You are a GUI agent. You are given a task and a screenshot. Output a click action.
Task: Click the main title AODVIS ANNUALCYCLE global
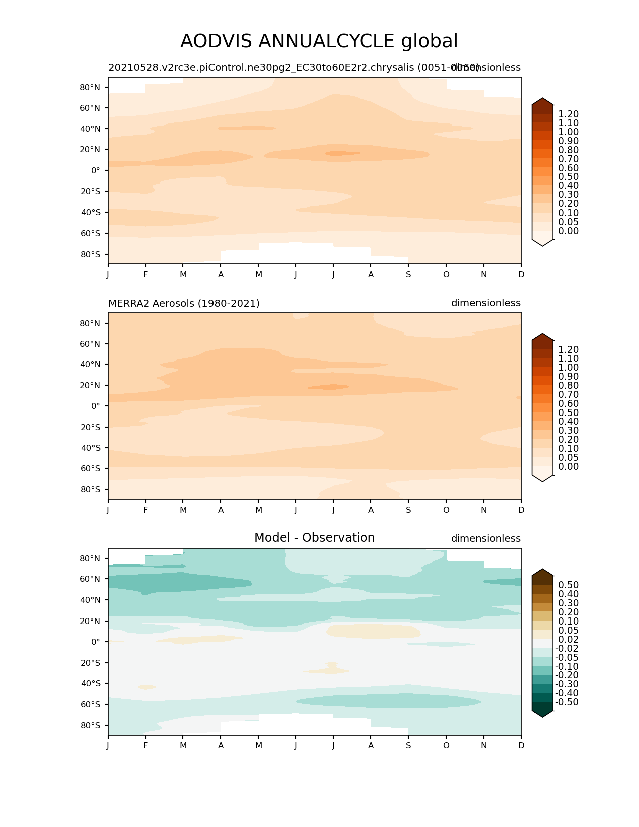[319, 41]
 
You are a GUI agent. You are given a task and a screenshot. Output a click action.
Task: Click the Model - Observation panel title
[314, 538]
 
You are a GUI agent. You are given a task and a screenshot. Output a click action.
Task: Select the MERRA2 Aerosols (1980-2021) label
[183, 303]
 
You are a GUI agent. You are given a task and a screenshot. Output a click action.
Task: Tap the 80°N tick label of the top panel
[90, 87]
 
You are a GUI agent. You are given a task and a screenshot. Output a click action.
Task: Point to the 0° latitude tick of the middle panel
[95, 406]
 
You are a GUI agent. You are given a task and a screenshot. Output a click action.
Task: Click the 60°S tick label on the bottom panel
[90, 704]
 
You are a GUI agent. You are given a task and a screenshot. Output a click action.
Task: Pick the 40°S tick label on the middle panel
[90, 448]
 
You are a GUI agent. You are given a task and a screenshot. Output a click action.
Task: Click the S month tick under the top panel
[408, 274]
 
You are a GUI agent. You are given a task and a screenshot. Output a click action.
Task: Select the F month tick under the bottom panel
[146, 745]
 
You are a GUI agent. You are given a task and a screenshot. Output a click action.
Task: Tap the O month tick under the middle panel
[446, 510]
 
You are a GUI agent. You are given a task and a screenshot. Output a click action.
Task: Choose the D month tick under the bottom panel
[521, 745]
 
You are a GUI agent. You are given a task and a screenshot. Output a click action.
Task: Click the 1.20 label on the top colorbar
[568, 114]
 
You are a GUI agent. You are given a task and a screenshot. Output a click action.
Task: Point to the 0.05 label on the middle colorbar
[568, 457]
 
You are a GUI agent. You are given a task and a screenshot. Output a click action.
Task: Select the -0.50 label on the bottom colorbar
[567, 702]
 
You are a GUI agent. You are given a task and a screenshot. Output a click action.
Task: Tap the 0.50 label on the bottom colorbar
[568, 585]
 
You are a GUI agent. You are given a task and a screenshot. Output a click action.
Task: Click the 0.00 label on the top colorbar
[568, 231]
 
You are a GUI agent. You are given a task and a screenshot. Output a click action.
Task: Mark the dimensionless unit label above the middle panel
[486, 303]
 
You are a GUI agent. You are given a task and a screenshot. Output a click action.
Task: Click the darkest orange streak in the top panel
[343, 153]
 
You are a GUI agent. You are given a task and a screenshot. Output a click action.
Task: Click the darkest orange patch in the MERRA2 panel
[329, 387]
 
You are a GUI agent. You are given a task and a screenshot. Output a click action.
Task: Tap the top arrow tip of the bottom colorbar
[542, 570]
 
